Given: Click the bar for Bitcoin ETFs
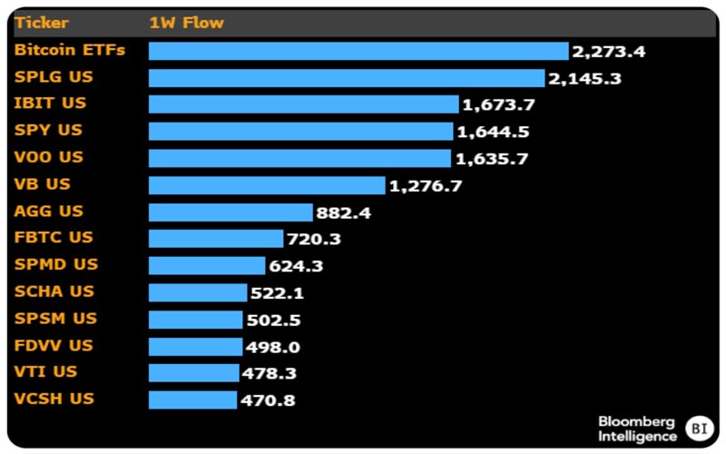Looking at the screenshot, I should coord(358,51).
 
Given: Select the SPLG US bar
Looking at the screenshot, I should coord(347,78).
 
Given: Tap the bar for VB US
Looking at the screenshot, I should coord(267,185).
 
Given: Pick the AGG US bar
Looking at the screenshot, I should coord(231,212).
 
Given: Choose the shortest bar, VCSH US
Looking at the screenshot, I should coord(192,400).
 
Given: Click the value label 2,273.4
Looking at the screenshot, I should coord(608,52).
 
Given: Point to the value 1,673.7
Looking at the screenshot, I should coord(498,105).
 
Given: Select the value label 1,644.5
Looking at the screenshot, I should coord(493,133).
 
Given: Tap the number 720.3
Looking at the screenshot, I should coord(314,240).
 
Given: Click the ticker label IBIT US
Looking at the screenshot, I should coord(51,104).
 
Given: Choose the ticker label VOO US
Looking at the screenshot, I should coord(49,157).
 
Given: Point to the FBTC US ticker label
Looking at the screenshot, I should coord(54,238).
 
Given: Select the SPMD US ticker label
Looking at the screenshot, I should coord(56,264).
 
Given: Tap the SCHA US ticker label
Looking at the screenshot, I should coord(54,291).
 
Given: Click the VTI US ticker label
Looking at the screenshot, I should coord(46,372).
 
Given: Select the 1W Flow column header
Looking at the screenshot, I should coord(186,22).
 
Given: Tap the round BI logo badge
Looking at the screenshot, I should coord(699,428).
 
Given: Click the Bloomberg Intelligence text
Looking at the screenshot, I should coord(637,429).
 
